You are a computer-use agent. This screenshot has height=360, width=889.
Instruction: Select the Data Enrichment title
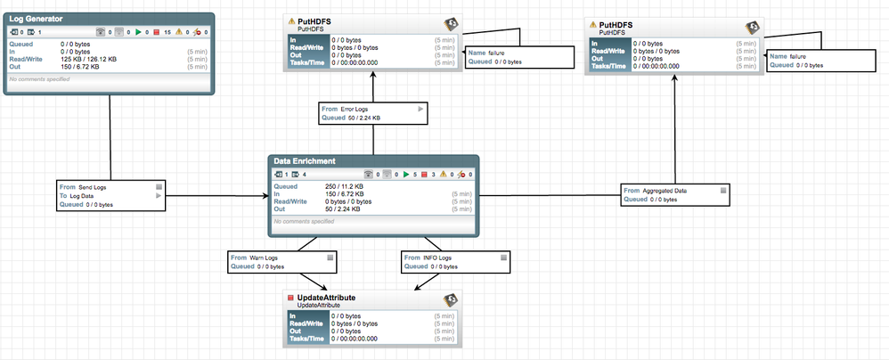click(305, 161)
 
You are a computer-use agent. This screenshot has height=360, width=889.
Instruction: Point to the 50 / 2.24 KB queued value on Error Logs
click(363, 118)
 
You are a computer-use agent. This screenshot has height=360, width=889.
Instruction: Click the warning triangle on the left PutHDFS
click(291, 21)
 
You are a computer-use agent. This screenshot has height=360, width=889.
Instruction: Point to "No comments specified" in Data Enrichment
click(304, 221)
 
